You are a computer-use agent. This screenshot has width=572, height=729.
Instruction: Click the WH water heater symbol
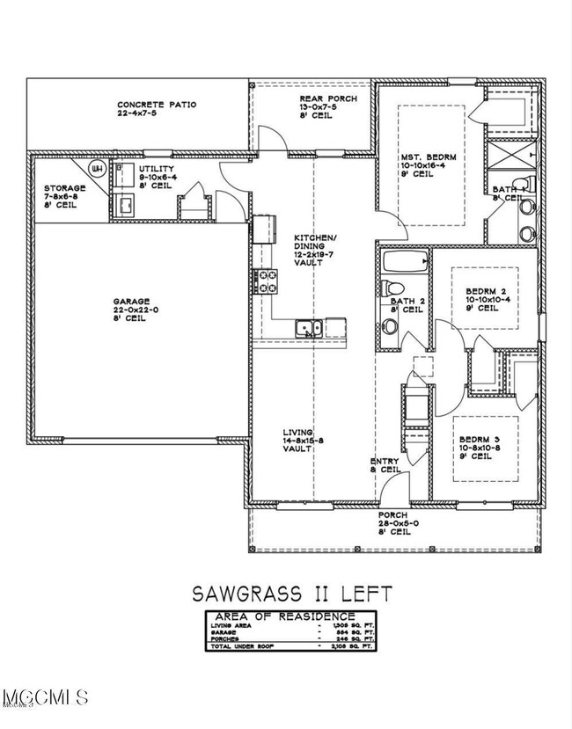coord(98,168)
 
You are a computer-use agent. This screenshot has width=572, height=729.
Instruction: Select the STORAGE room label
coord(65,188)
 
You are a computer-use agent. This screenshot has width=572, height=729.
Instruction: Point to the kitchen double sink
coord(308,329)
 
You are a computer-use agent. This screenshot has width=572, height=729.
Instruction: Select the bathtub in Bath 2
coord(406,261)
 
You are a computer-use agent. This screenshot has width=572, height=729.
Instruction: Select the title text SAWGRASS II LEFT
coord(287,593)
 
